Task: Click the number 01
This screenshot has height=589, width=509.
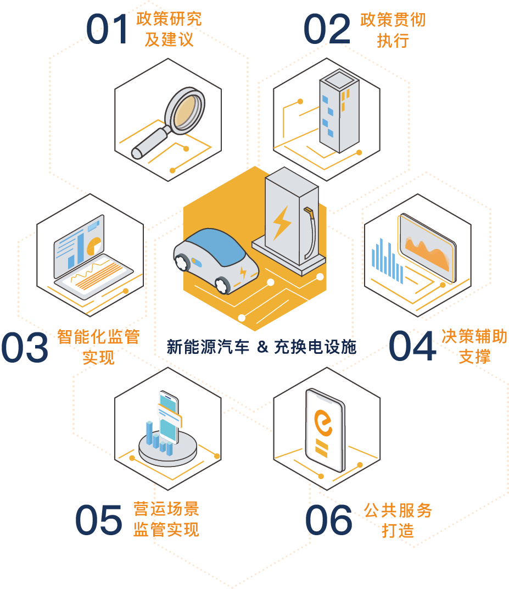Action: [108, 29]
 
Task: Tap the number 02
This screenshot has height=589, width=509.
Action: [327, 29]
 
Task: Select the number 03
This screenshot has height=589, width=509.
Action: [24, 347]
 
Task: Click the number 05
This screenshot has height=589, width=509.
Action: [99, 520]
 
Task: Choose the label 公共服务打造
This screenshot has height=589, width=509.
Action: [398, 520]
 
